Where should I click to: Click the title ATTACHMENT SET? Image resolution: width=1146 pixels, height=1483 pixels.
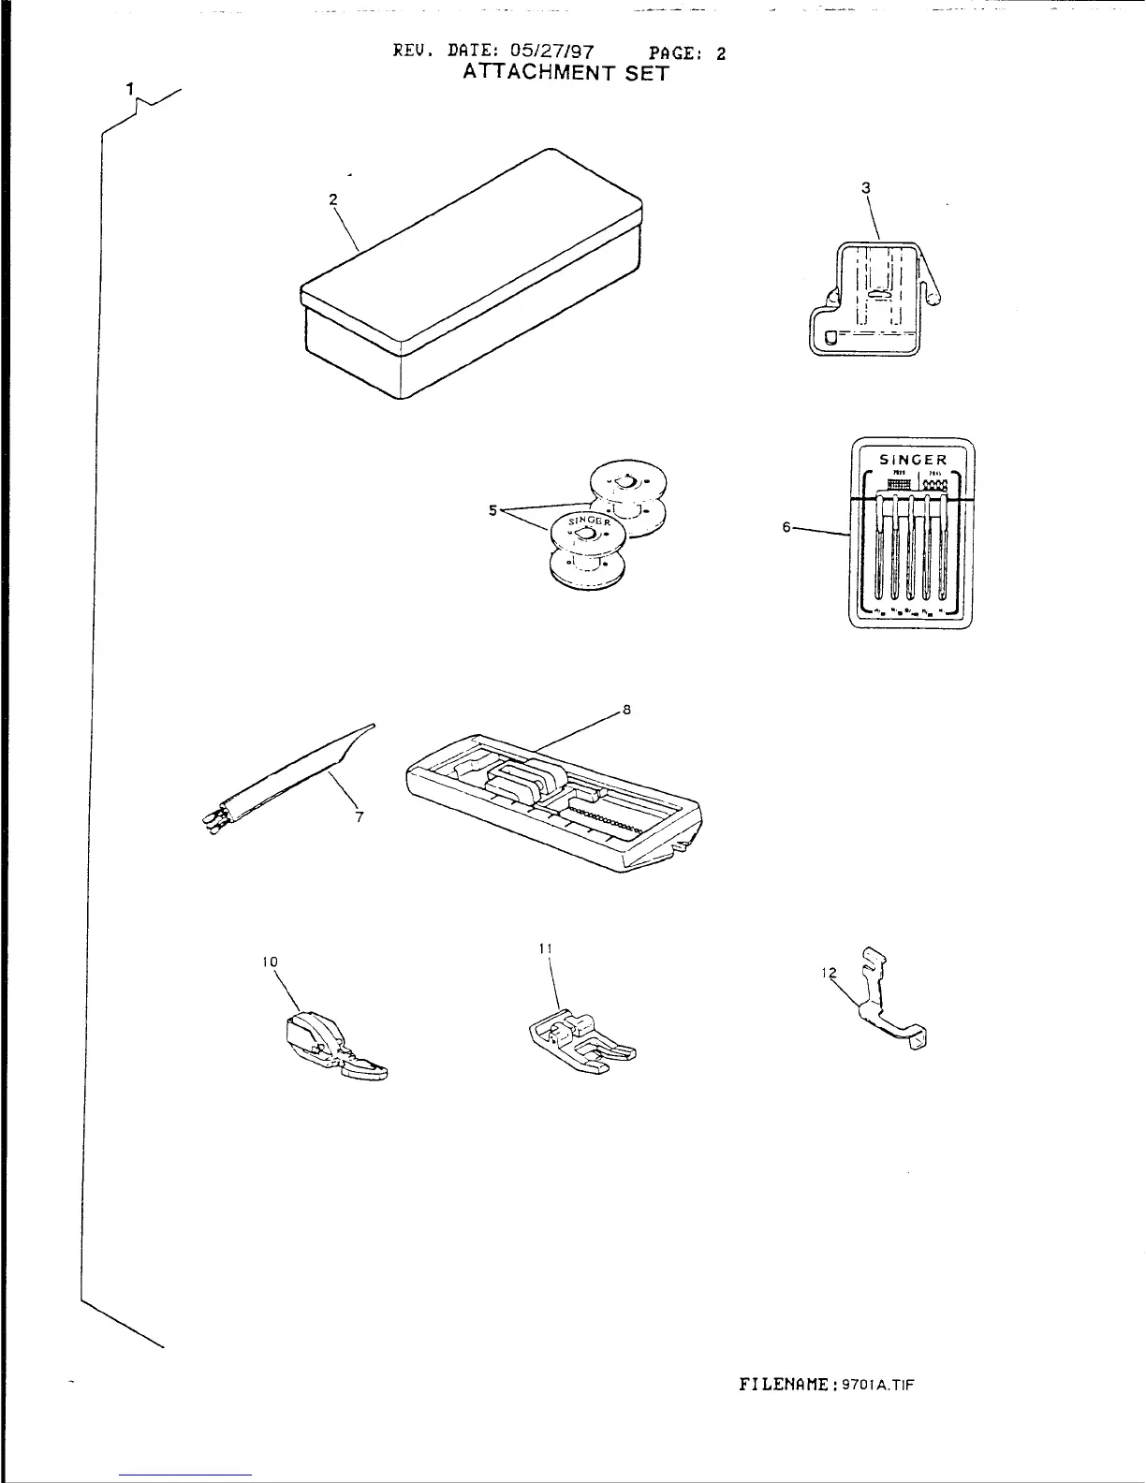coord(566,74)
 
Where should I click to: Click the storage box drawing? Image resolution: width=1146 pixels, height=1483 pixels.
coord(470,281)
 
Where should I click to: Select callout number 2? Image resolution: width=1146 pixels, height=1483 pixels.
coord(332,198)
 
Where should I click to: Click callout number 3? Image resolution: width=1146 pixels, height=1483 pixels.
coord(866,187)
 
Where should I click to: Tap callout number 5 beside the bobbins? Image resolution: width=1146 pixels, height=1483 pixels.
coord(493,510)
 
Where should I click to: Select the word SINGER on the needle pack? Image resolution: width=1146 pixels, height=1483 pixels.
coord(914,460)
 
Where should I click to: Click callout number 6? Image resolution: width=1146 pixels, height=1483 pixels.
coord(787,527)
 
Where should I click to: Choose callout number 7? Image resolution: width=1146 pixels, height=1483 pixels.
coord(359,816)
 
